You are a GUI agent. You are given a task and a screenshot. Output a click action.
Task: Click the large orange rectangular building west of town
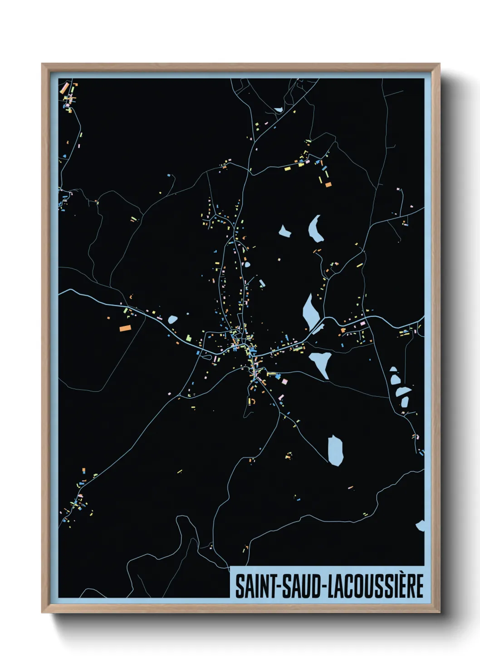[124, 327]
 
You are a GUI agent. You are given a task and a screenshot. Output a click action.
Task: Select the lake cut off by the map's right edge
[421, 526]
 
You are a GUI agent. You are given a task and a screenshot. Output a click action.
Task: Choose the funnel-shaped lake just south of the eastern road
[320, 362]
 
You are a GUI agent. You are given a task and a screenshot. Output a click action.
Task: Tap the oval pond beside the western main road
[172, 319]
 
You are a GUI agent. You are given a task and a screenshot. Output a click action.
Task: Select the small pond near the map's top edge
[278, 109]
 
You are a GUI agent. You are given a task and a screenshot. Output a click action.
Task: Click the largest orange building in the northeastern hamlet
[328, 184]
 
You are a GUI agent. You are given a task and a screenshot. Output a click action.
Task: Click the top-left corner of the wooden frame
[43, 64]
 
